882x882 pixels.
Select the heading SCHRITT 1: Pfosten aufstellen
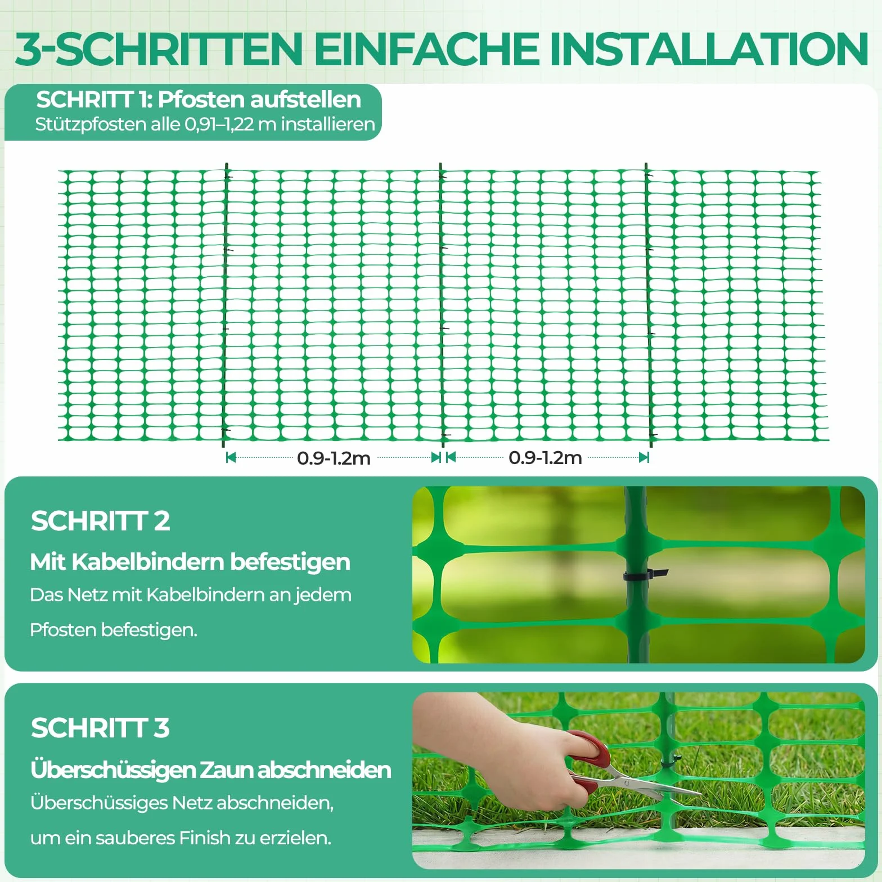[x=199, y=100]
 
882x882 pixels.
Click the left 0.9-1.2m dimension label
[x=334, y=458]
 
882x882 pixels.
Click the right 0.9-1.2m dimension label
[x=545, y=457]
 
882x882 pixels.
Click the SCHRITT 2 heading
[x=100, y=521]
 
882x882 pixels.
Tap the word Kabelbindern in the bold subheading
[x=148, y=562]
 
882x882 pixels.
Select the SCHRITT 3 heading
[x=100, y=728]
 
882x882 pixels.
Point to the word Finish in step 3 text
[x=204, y=838]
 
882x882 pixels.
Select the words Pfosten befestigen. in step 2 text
[x=114, y=630]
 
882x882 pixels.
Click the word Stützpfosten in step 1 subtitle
[x=91, y=124]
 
